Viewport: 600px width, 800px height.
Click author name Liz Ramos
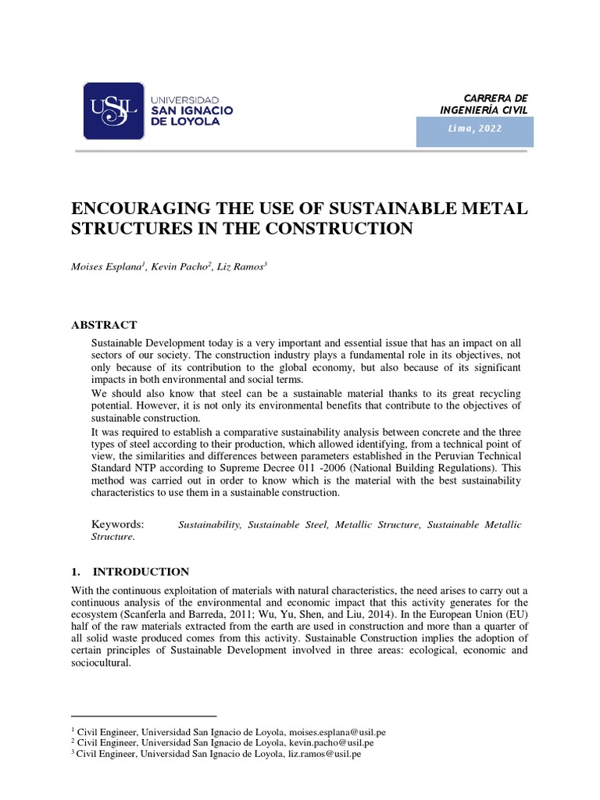pos(243,267)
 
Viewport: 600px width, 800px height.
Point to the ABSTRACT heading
pos(105,324)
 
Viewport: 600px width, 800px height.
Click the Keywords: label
pos(118,524)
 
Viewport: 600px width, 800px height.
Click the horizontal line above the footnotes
pos(144,715)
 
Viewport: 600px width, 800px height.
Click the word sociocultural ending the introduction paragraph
pos(100,662)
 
